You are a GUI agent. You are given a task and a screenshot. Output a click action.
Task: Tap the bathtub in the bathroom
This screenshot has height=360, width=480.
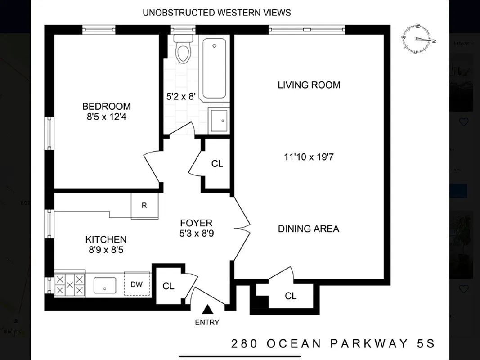click(x=214, y=68)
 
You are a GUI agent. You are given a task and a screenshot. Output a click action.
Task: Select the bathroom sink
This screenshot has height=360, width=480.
click(x=219, y=120)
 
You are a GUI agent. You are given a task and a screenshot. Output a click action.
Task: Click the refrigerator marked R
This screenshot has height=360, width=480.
click(x=144, y=206)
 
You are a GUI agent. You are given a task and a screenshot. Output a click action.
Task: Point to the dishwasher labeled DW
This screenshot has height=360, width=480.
click(x=137, y=284)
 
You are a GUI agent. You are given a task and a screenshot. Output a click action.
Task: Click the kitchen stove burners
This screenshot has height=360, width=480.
click(x=69, y=284)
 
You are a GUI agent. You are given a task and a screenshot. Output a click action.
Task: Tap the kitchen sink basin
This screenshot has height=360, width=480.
click(x=105, y=285)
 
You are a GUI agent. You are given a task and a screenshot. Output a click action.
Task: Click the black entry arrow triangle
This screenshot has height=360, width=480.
click(x=207, y=310)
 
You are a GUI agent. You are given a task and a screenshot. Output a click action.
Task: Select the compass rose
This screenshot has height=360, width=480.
click(x=418, y=40)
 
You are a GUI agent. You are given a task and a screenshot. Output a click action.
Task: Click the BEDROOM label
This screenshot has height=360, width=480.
click(x=106, y=107)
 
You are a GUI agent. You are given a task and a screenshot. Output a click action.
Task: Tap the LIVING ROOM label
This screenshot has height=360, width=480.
click(x=309, y=85)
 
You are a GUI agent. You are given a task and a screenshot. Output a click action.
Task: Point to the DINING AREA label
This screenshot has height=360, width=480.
click(x=308, y=229)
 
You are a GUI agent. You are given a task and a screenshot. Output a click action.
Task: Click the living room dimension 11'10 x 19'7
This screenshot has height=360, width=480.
click(x=309, y=157)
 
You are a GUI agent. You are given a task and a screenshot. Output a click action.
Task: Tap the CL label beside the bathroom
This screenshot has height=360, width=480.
click(x=217, y=164)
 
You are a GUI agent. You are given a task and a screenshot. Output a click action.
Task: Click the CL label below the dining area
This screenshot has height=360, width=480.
click(x=291, y=296)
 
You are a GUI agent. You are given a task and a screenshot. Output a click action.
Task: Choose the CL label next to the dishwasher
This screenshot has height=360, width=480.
click(x=168, y=286)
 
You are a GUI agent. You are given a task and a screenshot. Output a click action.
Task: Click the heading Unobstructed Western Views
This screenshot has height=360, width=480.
click(x=216, y=13)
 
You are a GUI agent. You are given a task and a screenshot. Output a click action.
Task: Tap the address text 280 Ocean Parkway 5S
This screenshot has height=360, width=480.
click(x=333, y=344)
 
